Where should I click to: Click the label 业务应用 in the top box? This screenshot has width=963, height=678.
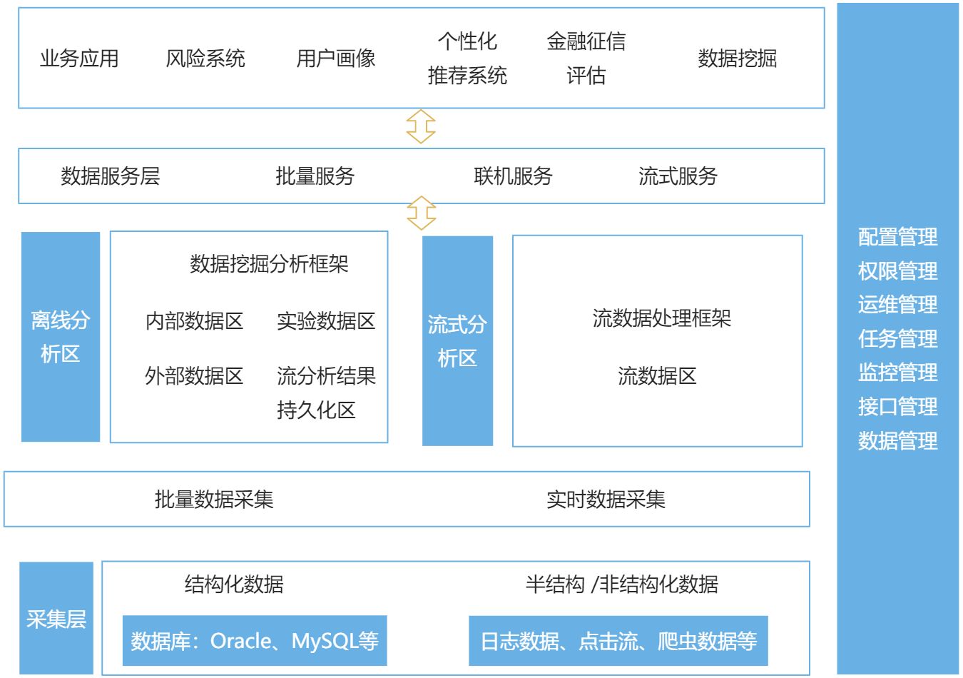click(x=79, y=59)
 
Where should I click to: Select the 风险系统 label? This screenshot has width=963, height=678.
click(x=205, y=59)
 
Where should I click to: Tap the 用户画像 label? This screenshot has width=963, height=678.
click(x=335, y=59)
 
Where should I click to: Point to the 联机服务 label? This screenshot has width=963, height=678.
click(x=513, y=176)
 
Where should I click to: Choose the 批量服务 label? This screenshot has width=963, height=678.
click(x=315, y=176)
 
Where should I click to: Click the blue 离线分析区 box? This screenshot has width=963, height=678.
click(x=61, y=337)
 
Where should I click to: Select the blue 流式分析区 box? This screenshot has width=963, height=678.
click(x=457, y=341)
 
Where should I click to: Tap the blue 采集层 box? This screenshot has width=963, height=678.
click(x=56, y=618)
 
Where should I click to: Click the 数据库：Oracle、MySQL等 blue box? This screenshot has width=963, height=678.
click(x=255, y=641)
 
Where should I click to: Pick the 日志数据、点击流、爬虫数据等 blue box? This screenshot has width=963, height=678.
click(x=618, y=641)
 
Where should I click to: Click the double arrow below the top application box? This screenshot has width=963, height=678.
click(x=421, y=127)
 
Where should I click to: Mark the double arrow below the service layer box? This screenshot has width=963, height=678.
click(x=421, y=213)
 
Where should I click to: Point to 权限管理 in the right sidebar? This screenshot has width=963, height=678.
click(x=897, y=271)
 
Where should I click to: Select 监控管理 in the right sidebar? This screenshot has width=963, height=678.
click(x=897, y=373)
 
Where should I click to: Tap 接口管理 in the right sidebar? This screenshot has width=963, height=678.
click(x=897, y=407)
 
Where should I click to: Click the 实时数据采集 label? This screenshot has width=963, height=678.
click(x=606, y=500)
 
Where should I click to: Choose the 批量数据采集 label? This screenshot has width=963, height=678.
click(x=214, y=500)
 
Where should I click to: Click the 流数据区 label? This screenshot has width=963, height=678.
click(x=657, y=376)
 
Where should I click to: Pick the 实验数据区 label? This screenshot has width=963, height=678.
click(x=326, y=321)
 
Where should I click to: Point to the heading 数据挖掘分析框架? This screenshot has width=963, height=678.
click(x=269, y=264)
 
